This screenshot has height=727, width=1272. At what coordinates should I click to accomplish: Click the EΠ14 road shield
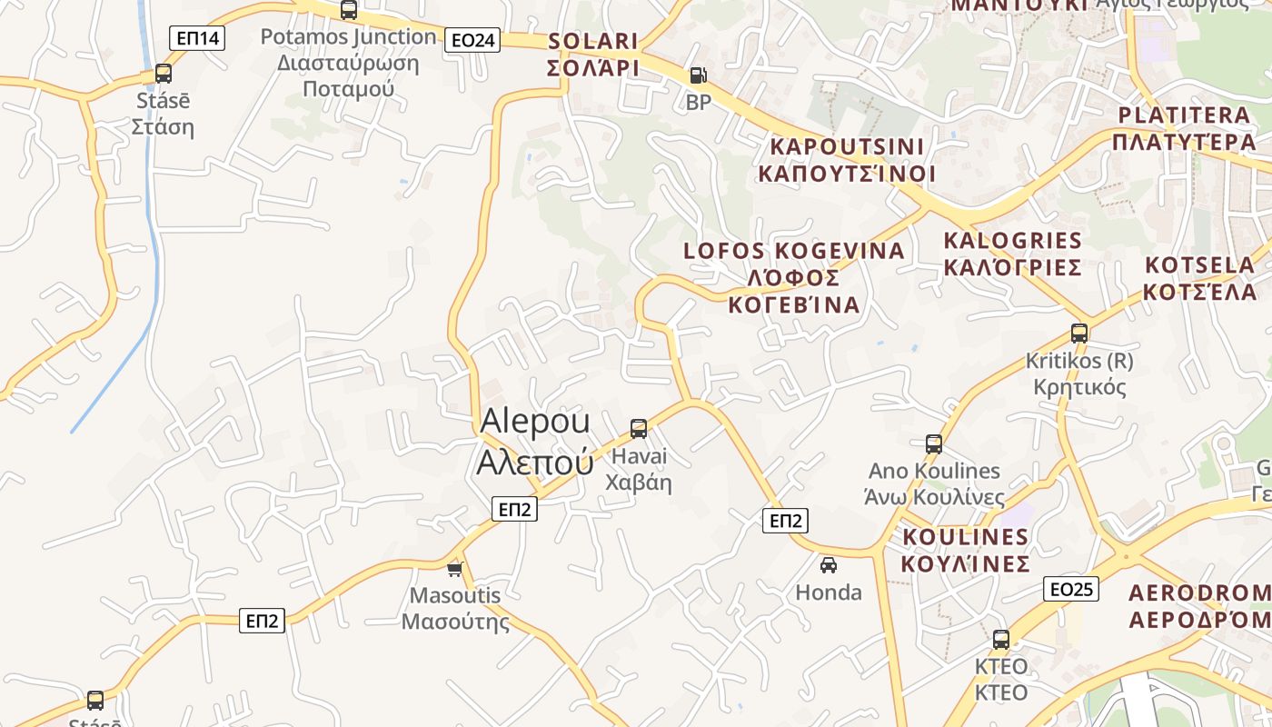[x=197, y=38]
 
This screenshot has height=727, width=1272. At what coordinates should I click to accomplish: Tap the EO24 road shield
[x=473, y=40]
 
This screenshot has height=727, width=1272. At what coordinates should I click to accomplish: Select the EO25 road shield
[x=1071, y=589]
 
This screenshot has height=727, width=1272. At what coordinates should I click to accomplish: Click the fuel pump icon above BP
[x=698, y=75]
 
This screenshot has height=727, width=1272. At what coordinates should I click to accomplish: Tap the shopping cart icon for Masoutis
[x=455, y=569]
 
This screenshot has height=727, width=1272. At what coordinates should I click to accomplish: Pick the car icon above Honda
[x=829, y=565]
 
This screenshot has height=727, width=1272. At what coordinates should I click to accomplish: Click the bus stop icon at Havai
[x=639, y=429]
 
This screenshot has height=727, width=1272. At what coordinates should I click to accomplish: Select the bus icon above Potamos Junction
[x=348, y=11]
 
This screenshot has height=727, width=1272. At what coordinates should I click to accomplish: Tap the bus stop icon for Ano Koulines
[x=934, y=444]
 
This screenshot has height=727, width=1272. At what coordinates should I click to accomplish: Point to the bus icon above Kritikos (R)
[x=1079, y=334]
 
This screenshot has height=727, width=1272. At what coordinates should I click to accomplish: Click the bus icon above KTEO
[x=1001, y=640]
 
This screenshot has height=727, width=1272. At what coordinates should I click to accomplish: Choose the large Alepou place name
[x=535, y=442]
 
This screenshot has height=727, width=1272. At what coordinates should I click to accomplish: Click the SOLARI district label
[x=593, y=55]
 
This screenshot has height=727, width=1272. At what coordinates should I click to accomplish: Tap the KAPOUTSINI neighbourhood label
[x=847, y=160]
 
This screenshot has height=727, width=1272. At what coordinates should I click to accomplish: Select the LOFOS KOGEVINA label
[x=794, y=276]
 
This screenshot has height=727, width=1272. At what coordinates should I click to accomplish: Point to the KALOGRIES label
[x=1013, y=254]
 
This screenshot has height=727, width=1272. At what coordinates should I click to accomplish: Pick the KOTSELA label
[x=1199, y=278]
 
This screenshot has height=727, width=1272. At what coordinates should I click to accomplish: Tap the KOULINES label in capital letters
[x=965, y=550]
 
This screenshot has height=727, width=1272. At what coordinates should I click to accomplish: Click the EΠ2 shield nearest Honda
[x=785, y=521]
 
